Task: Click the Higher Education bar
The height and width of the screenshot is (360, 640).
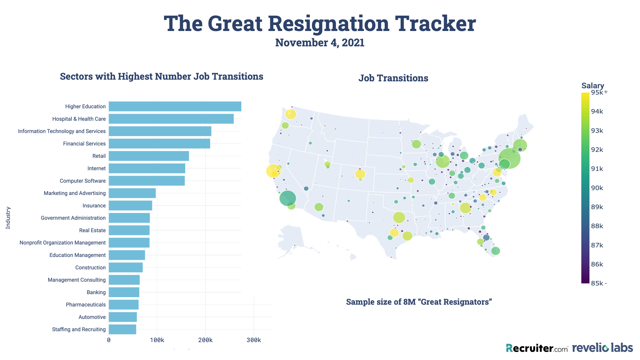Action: pyautogui.click(x=175, y=106)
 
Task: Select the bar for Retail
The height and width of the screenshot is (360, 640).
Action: pyautogui.click(x=149, y=156)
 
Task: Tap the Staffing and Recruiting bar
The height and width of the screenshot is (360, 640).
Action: pyautogui.click(x=122, y=329)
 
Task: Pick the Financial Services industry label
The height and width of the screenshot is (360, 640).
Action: pyautogui.click(x=84, y=144)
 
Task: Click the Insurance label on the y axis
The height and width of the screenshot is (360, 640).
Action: pyautogui.click(x=94, y=206)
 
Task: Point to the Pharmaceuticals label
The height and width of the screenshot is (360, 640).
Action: pyautogui.click(x=86, y=305)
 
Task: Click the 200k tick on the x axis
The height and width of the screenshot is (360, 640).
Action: pyautogui.click(x=205, y=340)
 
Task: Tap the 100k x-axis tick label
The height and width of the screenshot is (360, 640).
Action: pyautogui.click(x=157, y=340)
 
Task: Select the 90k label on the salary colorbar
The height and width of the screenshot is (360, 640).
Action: pyautogui.click(x=597, y=188)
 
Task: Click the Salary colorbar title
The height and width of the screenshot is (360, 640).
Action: pyautogui.click(x=593, y=85)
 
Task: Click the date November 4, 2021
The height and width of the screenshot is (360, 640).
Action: pyautogui.click(x=320, y=43)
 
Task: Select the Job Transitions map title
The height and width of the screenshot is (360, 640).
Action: pyautogui.click(x=393, y=78)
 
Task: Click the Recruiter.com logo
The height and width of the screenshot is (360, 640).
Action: pyautogui.click(x=537, y=348)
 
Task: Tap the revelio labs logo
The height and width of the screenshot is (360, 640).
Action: pyautogui.click(x=602, y=348)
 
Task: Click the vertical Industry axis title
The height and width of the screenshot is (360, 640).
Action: pyautogui.click(x=8, y=218)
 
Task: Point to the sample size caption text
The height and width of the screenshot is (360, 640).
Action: pyautogui.click(x=419, y=302)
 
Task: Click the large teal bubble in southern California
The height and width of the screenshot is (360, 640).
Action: pyautogui.click(x=288, y=198)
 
